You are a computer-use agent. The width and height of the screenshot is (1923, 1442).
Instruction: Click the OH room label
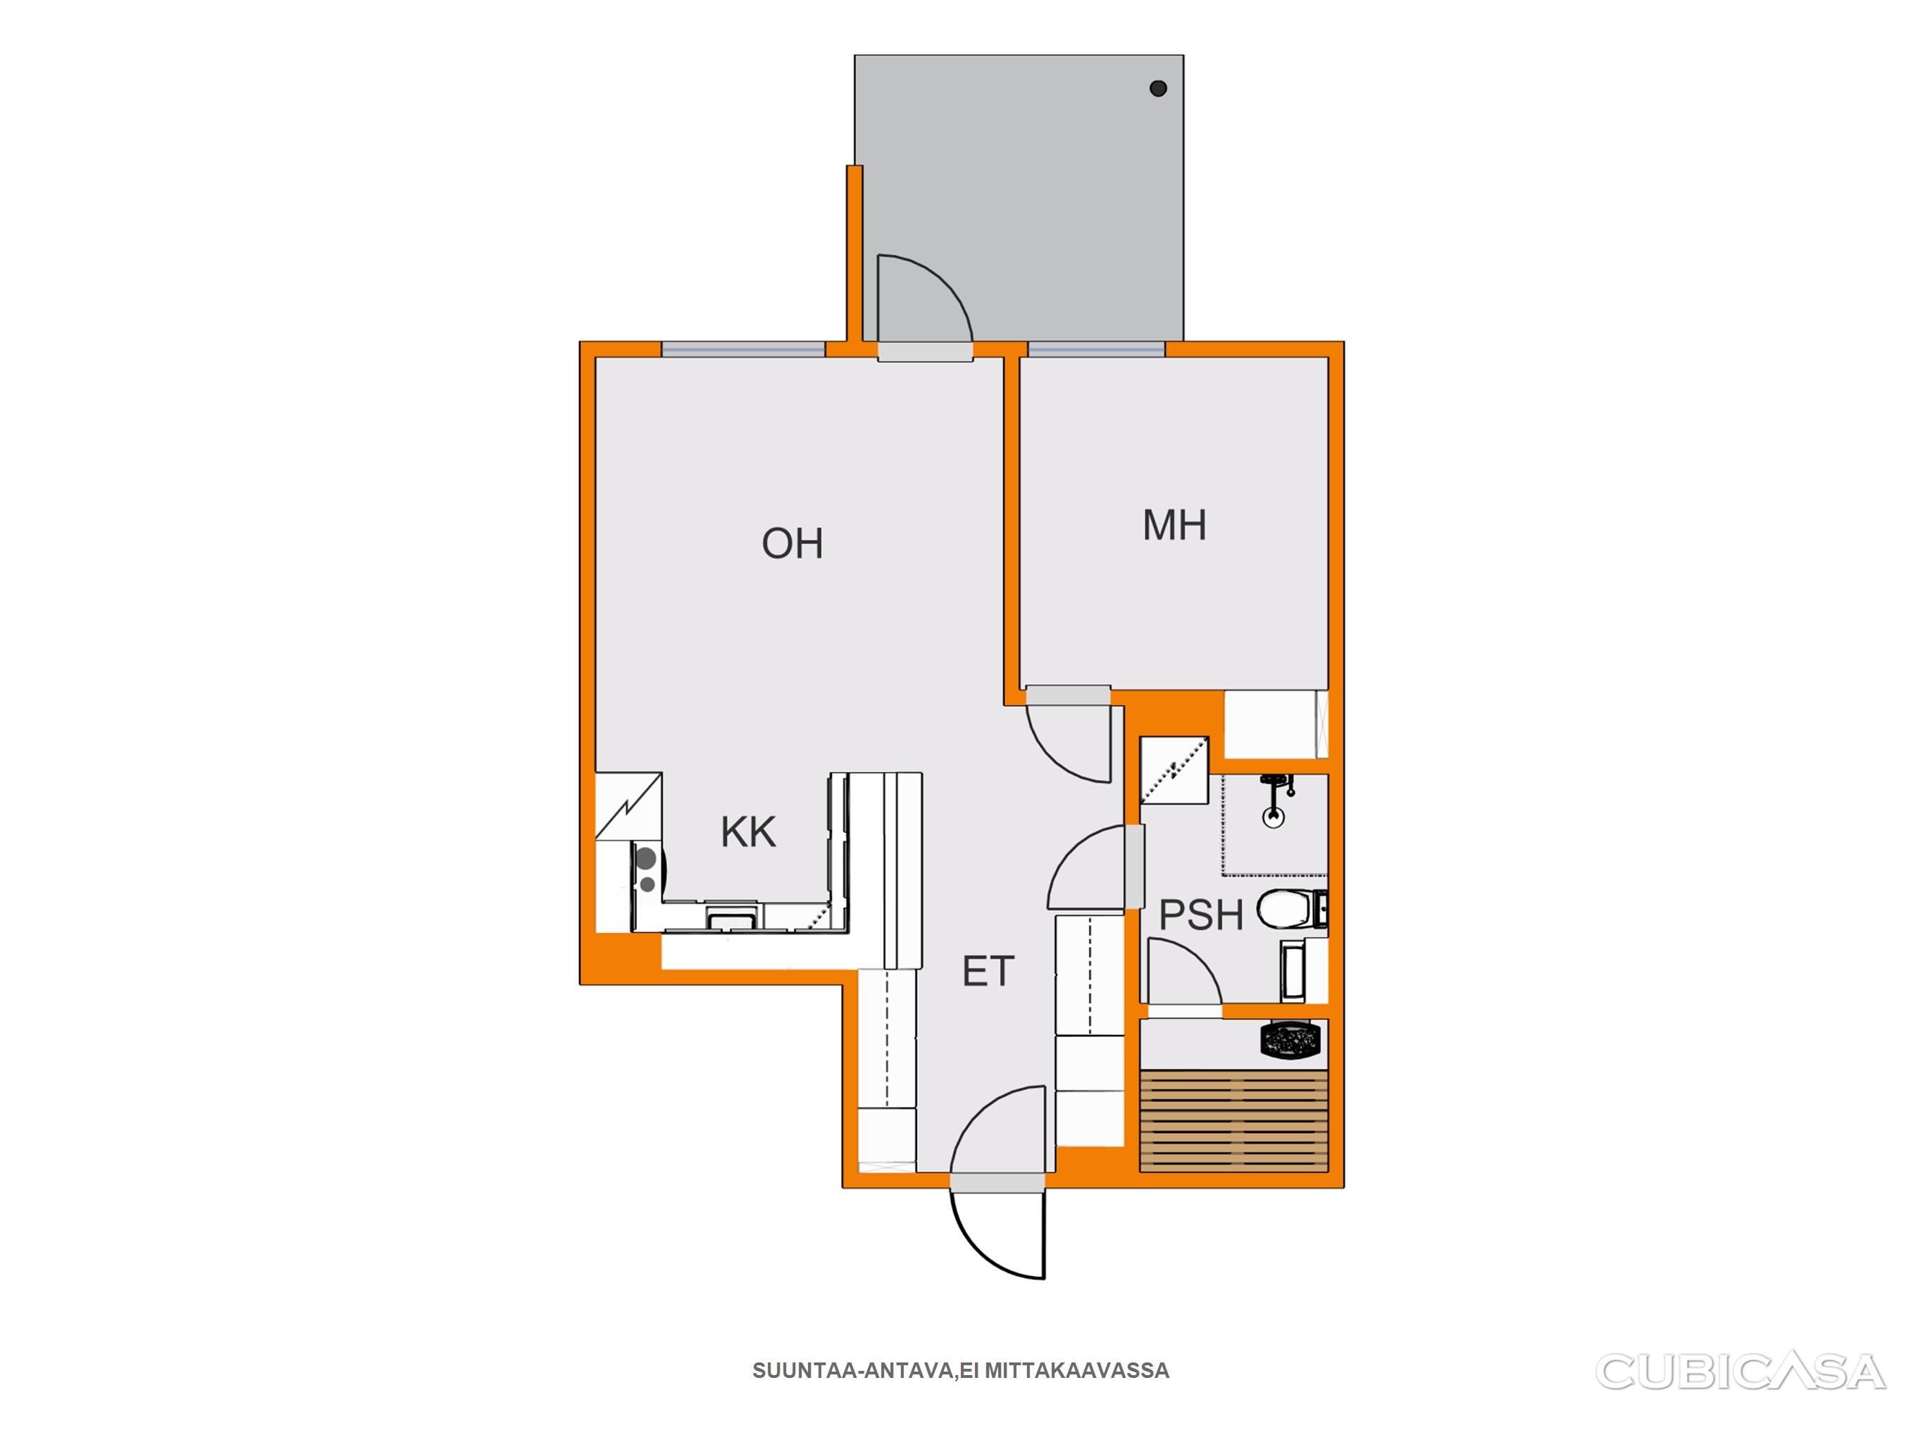(792, 544)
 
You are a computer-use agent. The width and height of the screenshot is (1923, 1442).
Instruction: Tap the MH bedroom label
(1174, 525)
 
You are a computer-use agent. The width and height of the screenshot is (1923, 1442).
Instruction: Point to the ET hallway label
(988, 971)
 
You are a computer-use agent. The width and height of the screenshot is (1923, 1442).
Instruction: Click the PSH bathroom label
(1202, 915)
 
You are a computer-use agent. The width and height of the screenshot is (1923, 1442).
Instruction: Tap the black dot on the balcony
(1158, 88)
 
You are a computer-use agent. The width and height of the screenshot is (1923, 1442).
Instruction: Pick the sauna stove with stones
(1291, 1041)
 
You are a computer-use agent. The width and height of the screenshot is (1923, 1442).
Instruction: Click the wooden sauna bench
(1233, 1121)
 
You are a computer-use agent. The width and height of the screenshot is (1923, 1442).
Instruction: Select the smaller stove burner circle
(647, 885)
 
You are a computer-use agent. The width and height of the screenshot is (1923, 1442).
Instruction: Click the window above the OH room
(743, 349)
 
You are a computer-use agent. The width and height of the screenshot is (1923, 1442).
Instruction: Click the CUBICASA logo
(1741, 1371)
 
